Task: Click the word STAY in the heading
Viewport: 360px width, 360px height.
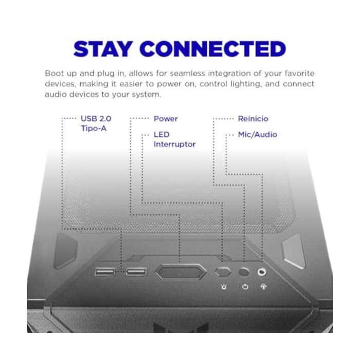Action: pos(103,49)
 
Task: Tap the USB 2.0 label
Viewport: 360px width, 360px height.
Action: pos(96,119)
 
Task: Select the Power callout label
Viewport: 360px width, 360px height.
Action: pos(166,119)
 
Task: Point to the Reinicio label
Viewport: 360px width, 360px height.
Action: pos(253,119)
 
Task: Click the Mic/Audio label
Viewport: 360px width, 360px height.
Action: pos(257,135)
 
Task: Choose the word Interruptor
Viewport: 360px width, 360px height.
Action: pos(174,144)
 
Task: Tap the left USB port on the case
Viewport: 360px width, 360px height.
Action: pos(105,272)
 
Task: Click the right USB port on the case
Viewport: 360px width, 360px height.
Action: pos(136,272)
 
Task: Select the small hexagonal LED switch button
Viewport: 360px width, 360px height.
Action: pos(223,272)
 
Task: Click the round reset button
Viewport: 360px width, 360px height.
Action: pos(244,272)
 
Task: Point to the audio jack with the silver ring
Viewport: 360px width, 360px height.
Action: pos(262,272)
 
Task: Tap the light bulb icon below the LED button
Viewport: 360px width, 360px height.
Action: pos(224,287)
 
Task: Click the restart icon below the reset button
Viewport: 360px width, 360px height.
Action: pos(245,287)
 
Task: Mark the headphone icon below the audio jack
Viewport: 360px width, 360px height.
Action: pos(263,286)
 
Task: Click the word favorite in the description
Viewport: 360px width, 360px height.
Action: pos(299,73)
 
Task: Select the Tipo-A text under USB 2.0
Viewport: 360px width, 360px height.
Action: pos(94,129)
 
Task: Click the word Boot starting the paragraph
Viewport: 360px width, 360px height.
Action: pos(53,73)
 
